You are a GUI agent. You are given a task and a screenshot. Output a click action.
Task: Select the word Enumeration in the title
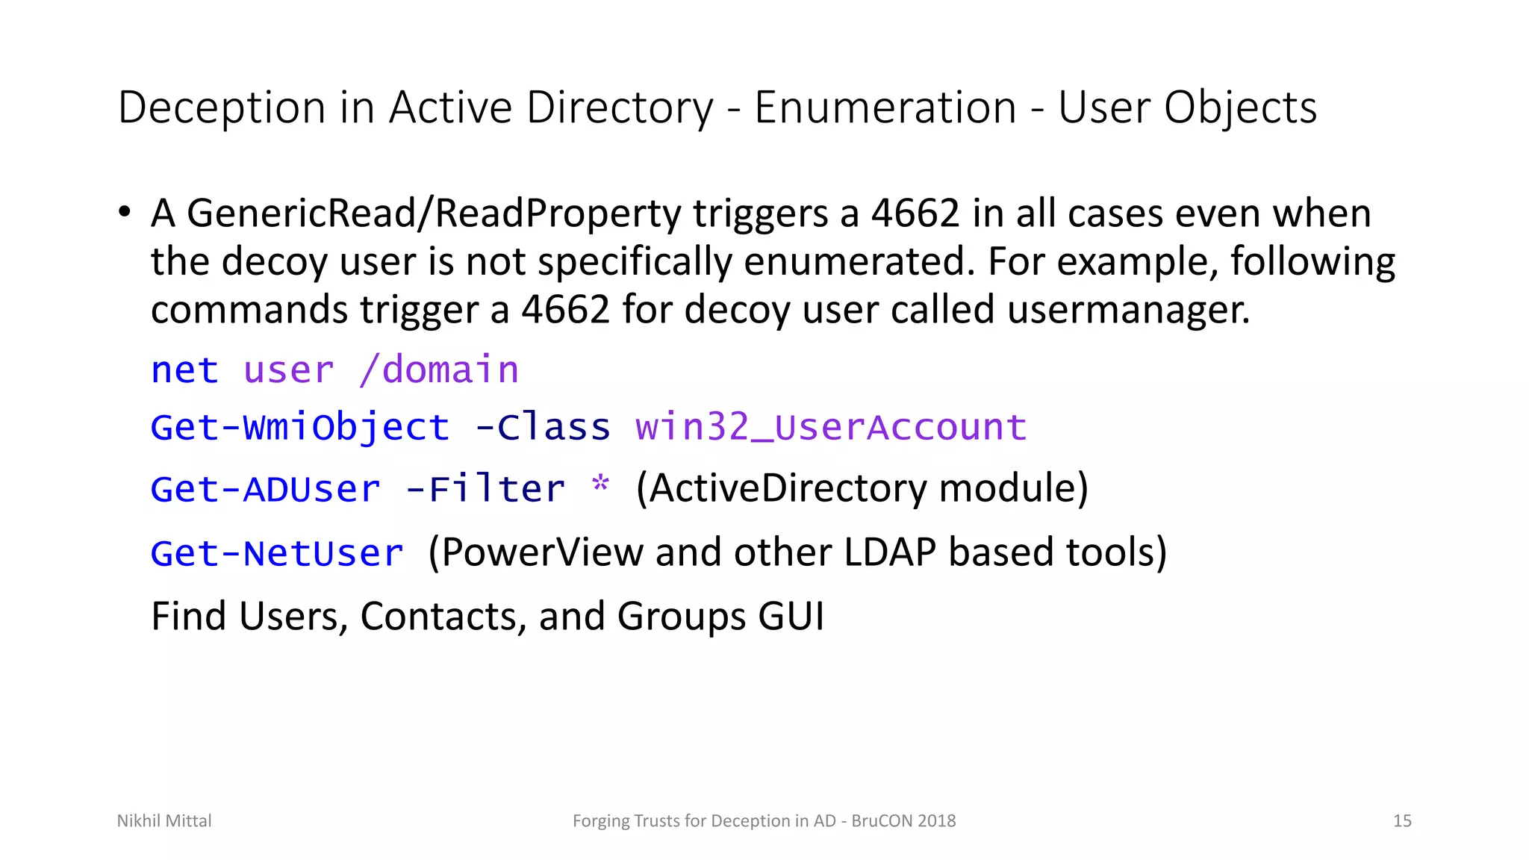885,108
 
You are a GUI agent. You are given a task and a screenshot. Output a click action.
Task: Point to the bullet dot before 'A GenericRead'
125,212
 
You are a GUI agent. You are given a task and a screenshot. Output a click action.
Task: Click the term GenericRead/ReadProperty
434,214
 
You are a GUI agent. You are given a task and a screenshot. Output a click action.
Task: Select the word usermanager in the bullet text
1127,309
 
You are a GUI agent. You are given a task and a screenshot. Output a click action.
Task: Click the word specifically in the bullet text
634,262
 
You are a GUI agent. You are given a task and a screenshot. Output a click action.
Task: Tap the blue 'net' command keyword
184,370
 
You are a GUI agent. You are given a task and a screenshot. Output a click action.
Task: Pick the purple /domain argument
439,370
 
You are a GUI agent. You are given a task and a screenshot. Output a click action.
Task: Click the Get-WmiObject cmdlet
300,428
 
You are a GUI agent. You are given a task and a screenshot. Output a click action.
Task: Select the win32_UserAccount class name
831,428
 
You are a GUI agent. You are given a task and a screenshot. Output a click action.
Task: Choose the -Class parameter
543,428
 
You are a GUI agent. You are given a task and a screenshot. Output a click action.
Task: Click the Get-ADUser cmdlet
265,490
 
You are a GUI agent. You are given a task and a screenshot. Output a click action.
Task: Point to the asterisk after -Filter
600,485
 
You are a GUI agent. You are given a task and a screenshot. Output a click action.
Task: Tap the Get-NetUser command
277,553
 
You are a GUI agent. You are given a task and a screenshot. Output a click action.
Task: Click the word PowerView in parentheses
542,553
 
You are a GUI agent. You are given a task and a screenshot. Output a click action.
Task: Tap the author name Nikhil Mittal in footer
164,821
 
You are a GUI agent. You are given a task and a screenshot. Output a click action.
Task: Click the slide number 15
1402,821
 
